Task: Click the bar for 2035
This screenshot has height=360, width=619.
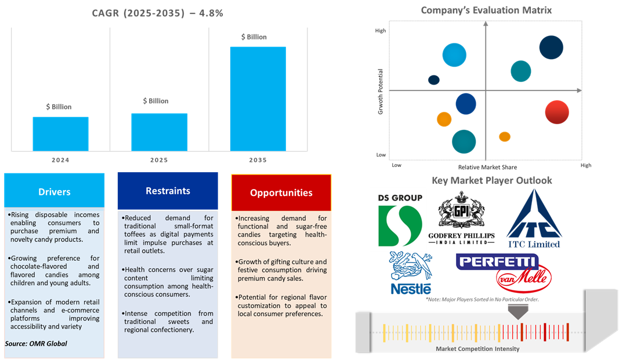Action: tap(258, 99)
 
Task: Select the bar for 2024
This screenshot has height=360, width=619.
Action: tap(60, 134)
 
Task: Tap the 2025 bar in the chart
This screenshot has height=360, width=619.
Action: tap(159, 132)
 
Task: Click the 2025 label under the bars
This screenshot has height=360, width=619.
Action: tap(159, 160)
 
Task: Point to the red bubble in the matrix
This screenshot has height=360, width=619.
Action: tap(557, 112)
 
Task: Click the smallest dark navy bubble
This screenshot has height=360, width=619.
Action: tap(434, 80)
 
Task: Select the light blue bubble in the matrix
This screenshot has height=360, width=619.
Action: tap(454, 55)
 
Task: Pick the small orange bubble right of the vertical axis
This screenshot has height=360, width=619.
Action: tap(505, 137)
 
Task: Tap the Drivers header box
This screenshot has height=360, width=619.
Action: tap(55, 191)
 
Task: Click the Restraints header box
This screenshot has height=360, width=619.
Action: tap(168, 191)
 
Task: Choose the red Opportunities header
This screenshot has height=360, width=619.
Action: tap(281, 193)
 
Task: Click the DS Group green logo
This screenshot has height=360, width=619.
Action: tap(400, 226)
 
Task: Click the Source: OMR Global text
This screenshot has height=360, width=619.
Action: tap(36, 344)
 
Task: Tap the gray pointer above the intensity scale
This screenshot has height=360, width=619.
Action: tap(518, 312)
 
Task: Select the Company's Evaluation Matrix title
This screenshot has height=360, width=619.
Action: tap(486, 10)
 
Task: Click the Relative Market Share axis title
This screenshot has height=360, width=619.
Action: tap(487, 167)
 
